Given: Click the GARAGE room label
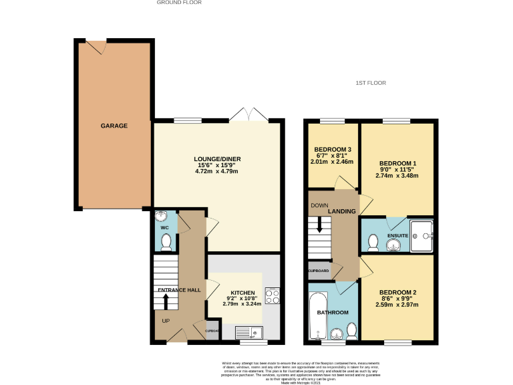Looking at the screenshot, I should click(x=114, y=126).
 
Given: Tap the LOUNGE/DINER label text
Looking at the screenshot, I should click(x=217, y=159).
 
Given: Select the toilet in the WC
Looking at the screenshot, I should click(x=166, y=242).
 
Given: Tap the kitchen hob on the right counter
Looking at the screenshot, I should click(x=272, y=295).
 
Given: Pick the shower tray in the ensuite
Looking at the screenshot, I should click(x=422, y=236).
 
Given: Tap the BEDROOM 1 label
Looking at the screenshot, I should click(x=397, y=163).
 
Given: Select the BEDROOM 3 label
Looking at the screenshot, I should click(x=333, y=148).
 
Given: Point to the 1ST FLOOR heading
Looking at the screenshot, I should click(x=371, y=83).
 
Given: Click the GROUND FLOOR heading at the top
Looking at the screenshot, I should click(x=179, y=3).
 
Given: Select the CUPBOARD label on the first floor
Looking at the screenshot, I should click(x=319, y=271).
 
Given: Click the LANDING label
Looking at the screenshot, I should click(x=342, y=212).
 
